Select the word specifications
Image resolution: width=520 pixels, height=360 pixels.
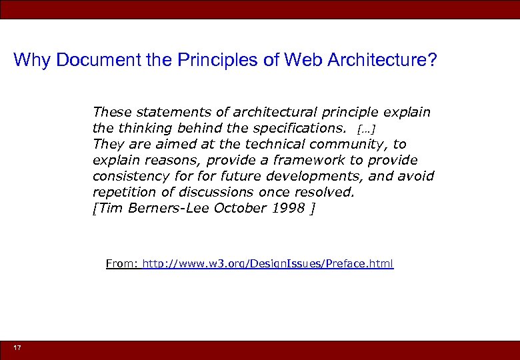pyautogui.click(x=297, y=127)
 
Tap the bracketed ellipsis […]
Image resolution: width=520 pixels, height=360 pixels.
pyautogui.click(x=366, y=128)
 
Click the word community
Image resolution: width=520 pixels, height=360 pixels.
pyautogui.click(x=352, y=144)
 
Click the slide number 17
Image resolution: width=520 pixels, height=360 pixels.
pyautogui.click(x=17, y=349)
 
